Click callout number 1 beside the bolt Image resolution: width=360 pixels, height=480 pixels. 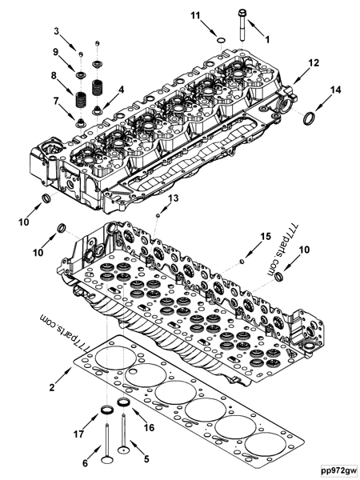coord(267,38)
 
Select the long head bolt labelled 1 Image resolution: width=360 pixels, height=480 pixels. coord(242,23)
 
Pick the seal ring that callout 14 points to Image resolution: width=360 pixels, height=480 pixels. coord(307,120)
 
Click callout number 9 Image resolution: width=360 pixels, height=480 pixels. coord(57,52)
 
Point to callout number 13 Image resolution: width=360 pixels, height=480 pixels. coord(174,198)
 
